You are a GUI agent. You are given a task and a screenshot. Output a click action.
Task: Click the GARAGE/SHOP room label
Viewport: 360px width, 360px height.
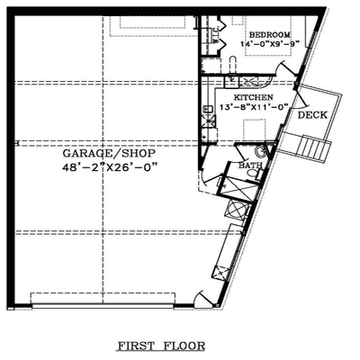pos(109,153)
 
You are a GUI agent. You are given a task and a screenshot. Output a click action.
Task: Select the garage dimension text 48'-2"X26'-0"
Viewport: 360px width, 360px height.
pos(110,166)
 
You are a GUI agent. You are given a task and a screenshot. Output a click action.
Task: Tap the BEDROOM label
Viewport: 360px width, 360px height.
pos(270,34)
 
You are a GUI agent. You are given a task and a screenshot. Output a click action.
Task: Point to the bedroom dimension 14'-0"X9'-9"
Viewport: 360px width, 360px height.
pos(270,43)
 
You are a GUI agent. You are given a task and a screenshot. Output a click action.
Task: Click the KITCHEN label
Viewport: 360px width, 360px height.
pos(254,97)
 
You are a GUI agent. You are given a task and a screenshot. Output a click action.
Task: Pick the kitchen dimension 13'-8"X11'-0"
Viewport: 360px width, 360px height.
pos(254,106)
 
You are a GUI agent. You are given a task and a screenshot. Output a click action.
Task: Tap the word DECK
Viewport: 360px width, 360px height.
pos(312,115)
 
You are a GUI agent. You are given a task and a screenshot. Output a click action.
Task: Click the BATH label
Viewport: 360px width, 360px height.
pos(250,166)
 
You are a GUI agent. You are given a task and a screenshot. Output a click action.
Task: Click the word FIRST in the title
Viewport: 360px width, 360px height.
pos(137,346)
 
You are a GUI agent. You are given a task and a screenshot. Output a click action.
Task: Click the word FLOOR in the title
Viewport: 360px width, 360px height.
pos(184,346)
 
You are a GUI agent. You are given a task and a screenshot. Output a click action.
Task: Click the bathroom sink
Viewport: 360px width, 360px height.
pos(261,152)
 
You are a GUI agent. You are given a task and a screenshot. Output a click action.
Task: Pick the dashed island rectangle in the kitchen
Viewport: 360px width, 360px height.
pos(254,130)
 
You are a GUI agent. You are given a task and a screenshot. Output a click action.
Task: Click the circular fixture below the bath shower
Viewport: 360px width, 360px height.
pos(236,208)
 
